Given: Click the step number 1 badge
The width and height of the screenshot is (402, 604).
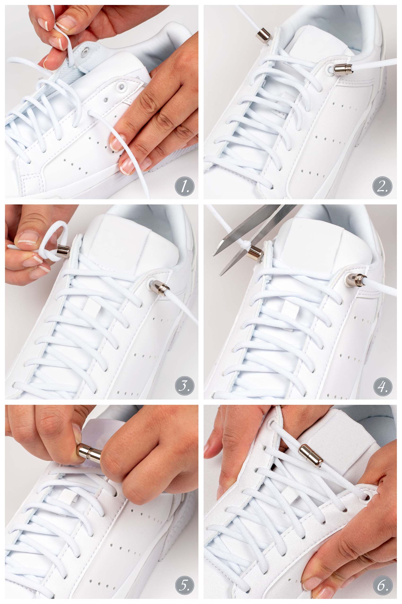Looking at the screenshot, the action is [x=185, y=186].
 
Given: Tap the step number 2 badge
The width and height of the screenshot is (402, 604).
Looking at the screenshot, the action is [x=382, y=186].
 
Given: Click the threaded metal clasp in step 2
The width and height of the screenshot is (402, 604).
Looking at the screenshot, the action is [x=343, y=69].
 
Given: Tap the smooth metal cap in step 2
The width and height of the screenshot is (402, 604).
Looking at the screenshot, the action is [x=263, y=36].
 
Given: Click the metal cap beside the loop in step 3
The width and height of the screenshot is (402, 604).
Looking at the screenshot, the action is [x=63, y=251].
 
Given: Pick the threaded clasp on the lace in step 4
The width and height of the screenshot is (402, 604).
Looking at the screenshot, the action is [x=356, y=280].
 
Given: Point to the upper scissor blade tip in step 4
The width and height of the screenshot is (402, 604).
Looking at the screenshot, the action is [x=214, y=255].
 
